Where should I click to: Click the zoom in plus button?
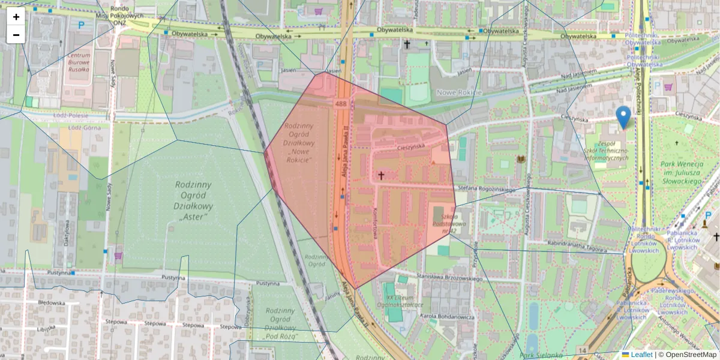tap(16, 17)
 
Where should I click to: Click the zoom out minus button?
tap(16, 35)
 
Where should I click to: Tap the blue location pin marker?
tap(623, 116)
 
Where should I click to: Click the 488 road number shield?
tap(341, 104)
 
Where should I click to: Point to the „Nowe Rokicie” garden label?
tap(299, 143)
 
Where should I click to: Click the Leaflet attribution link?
tap(641, 355)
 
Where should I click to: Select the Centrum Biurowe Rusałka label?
tap(79, 62)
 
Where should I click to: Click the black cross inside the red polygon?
tap(381, 176)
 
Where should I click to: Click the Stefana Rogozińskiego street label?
tap(487, 190)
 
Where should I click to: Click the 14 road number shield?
tap(582, 350)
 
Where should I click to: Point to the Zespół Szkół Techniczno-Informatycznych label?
tap(606, 151)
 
